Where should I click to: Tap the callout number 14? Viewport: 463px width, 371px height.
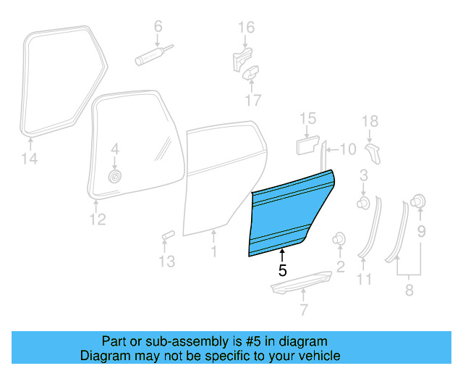[x=30, y=159]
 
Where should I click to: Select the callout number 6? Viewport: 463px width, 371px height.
[x=158, y=27]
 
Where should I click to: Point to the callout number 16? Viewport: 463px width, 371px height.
[x=247, y=28]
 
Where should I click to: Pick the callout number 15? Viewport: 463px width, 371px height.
[x=309, y=118]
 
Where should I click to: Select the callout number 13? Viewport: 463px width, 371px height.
[x=167, y=261]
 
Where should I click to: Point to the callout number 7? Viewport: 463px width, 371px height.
[x=303, y=312]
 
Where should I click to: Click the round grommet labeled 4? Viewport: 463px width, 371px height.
[x=114, y=176]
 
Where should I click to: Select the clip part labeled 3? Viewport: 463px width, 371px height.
[x=364, y=201]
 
